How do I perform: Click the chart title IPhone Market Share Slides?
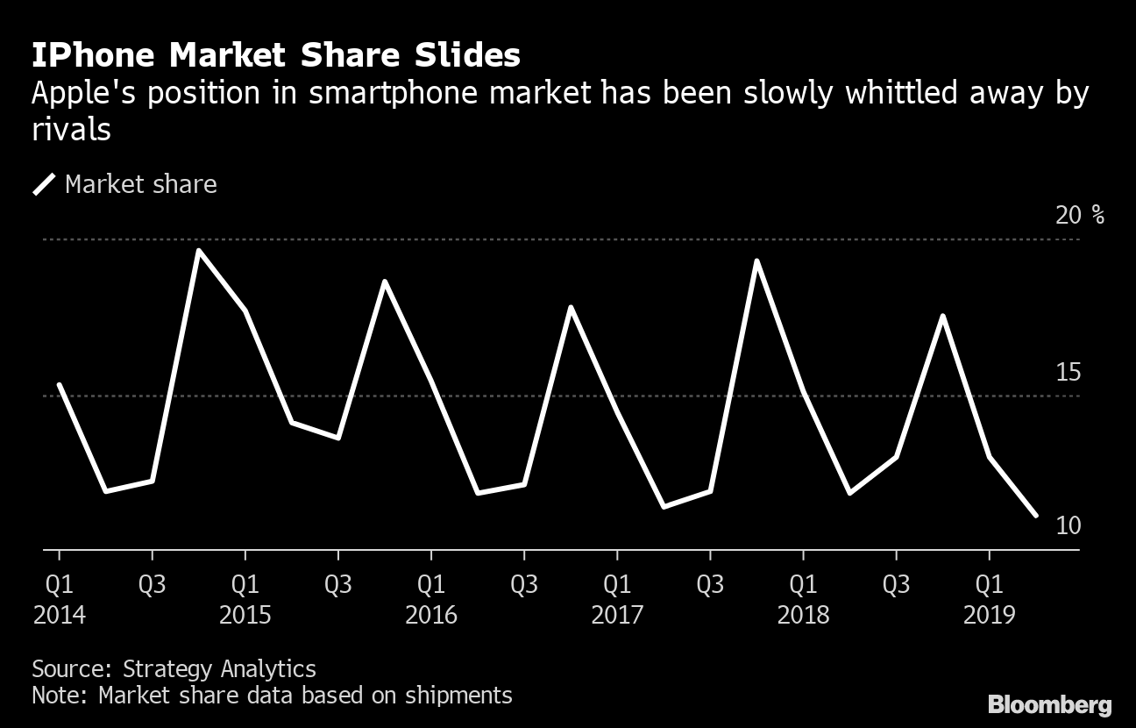click(276, 56)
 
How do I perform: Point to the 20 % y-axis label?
click(1080, 215)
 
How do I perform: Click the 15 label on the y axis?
click(1068, 373)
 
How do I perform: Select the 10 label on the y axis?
click(1068, 525)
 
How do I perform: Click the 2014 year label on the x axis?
click(60, 615)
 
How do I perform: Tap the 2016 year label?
click(431, 615)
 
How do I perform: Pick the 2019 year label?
click(990, 615)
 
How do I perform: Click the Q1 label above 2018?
click(803, 584)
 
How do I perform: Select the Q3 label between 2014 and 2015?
click(153, 584)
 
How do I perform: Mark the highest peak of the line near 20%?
click(199, 251)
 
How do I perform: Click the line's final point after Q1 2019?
click(1036, 516)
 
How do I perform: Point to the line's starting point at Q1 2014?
click(60, 384)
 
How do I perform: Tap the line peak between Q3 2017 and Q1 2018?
click(756, 261)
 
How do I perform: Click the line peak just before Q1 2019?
click(942, 316)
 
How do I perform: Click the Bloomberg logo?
click(1049, 703)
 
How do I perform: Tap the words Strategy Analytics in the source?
click(219, 668)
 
